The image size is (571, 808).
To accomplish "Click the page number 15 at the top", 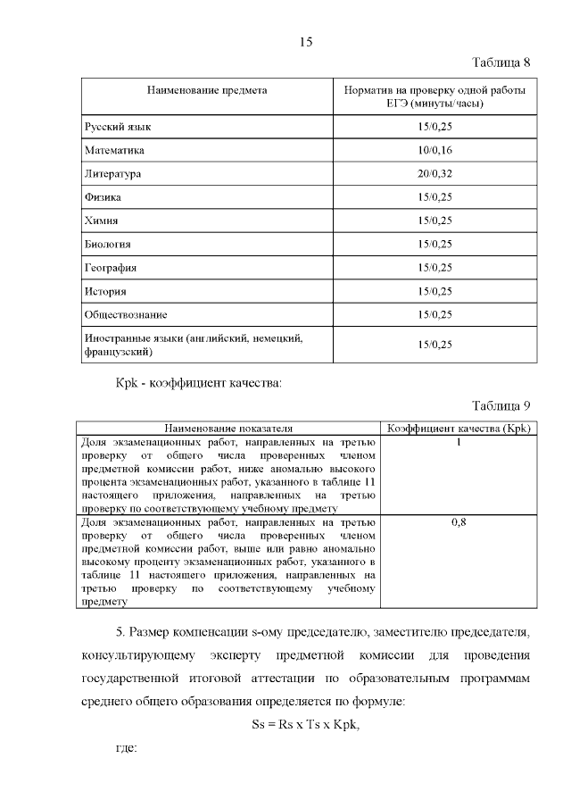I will click(x=304, y=42).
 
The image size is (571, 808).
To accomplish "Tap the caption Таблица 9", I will click(x=501, y=406).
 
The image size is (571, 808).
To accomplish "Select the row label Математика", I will click(x=114, y=150).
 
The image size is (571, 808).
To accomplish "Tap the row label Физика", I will click(x=103, y=196).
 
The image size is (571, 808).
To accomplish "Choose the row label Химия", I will click(x=102, y=221).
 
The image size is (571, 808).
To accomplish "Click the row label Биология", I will click(x=108, y=244).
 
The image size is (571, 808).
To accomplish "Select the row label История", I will click(x=105, y=291).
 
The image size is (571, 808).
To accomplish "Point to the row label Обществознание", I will click(x=126, y=314).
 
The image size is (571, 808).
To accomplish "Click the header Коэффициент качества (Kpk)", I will click(x=459, y=429).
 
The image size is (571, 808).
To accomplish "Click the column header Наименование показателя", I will click(x=229, y=429).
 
